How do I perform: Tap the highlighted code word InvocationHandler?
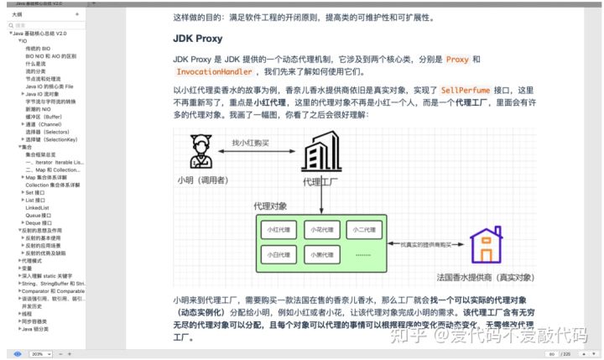213,72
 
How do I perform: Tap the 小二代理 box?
362,229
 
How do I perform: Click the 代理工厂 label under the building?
320,181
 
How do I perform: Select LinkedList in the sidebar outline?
38,207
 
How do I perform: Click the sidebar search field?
46,26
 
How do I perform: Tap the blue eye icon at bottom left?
18,354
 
